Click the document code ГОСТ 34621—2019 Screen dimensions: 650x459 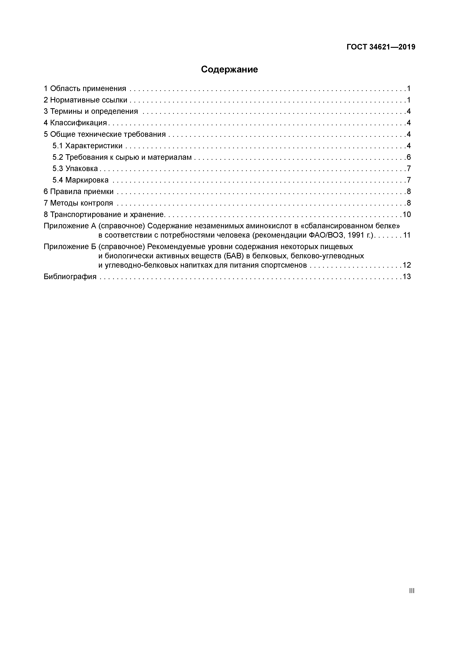[381, 47]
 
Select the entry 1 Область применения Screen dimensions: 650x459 [85, 89]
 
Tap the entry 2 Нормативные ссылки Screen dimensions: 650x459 [85, 100]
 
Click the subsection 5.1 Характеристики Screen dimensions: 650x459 [87, 146]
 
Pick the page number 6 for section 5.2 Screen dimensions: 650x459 [409, 157]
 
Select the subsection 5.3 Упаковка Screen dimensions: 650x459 [75, 168]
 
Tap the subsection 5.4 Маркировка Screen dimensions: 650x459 [80, 180]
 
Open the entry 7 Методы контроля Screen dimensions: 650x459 [78, 203]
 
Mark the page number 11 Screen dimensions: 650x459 [407, 235]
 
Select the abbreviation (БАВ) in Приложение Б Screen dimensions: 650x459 [234, 256]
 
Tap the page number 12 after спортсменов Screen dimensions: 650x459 [407, 265]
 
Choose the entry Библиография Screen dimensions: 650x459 [70, 277]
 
